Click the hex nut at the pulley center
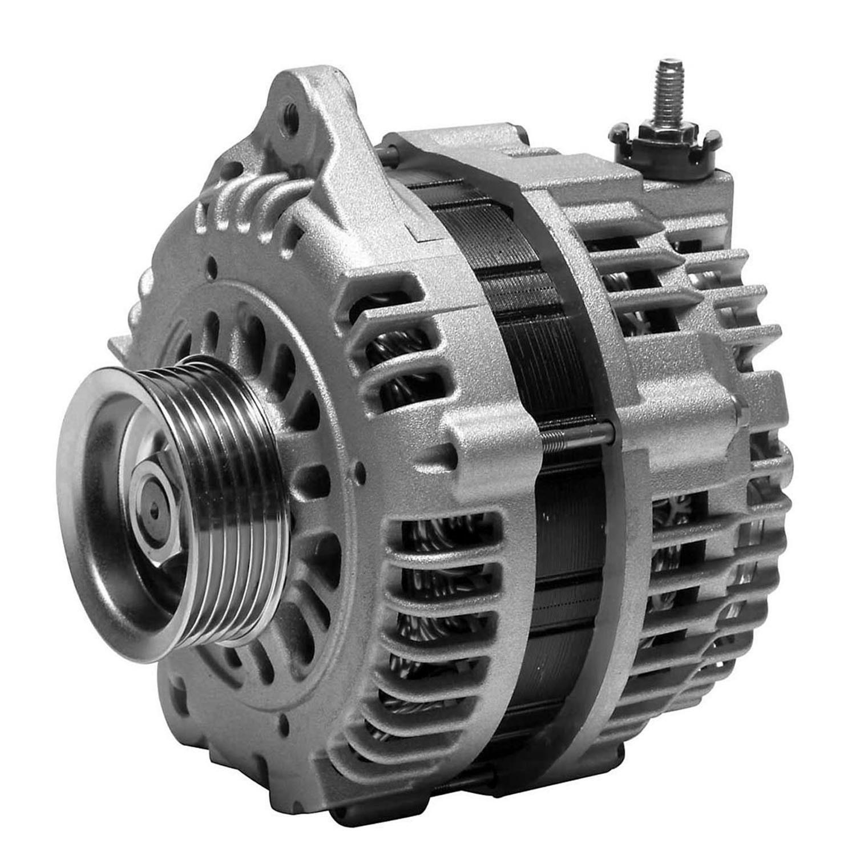click(155, 513)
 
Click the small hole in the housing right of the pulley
click(360, 473)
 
